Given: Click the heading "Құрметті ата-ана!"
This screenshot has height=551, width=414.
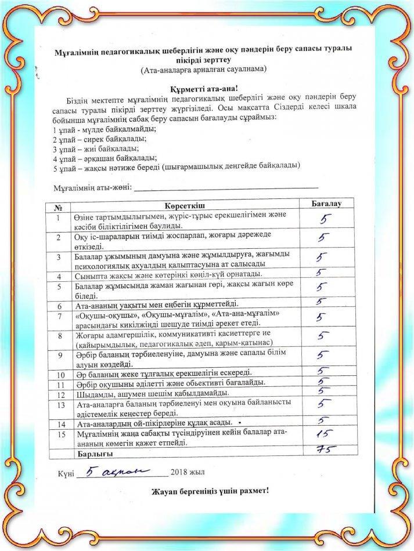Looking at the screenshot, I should pos(207,89).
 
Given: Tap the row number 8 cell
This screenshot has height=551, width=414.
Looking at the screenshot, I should pos(59,336).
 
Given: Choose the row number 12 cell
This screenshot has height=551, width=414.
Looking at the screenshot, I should pos(59,394).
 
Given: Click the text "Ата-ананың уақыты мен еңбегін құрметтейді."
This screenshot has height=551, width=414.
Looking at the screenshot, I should pos(156,305).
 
